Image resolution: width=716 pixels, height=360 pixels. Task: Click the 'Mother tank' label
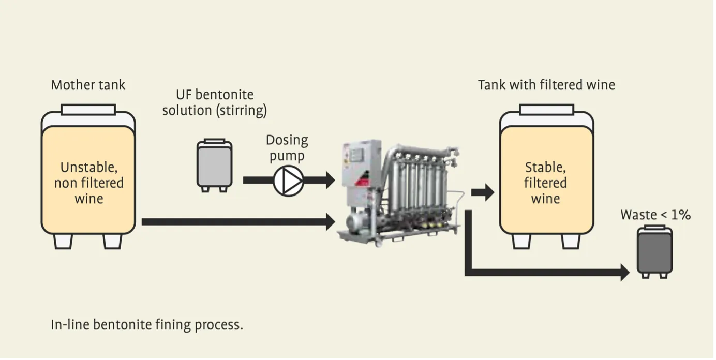[x=88, y=85]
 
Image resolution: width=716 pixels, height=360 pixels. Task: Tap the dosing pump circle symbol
[x=287, y=181]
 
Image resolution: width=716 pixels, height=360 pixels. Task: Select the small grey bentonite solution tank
[x=214, y=164]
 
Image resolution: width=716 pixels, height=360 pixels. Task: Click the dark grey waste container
[x=654, y=251]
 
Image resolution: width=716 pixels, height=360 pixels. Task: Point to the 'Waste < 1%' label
[x=655, y=215]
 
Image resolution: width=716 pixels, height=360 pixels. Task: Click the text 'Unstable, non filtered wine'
[x=88, y=183]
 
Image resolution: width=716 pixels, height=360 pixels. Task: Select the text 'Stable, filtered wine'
[x=546, y=183]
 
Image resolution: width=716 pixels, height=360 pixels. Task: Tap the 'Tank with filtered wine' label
[x=546, y=85]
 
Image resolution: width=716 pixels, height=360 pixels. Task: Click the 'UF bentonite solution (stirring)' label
[x=215, y=102]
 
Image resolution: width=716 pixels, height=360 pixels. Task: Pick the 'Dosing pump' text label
[x=287, y=147]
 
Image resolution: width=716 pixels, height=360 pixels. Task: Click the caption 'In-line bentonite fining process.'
[x=147, y=325]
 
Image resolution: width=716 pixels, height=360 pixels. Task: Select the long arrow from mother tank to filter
[x=238, y=222]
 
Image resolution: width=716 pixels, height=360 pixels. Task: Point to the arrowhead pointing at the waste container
[x=624, y=272]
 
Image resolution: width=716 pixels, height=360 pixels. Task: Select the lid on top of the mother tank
[x=88, y=110]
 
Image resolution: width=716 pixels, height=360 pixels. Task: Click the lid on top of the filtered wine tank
[x=546, y=110]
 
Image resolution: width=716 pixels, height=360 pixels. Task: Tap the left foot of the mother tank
[x=63, y=241]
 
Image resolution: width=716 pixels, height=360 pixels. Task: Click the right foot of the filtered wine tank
[x=571, y=241]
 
